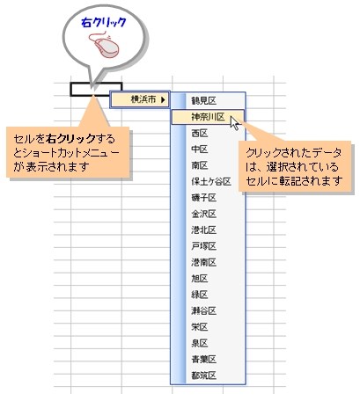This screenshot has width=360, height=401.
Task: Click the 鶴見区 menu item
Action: click(203, 101)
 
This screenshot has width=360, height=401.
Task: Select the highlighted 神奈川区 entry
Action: click(208, 117)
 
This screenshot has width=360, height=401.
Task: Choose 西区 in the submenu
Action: click(200, 133)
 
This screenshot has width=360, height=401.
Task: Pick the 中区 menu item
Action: click(200, 149)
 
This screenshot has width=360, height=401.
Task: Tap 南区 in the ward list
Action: click(200, 165)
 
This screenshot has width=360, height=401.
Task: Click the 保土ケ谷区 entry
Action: click(211, 181)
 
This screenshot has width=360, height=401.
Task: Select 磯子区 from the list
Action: click(203, 198)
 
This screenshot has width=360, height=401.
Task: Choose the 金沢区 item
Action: click(203, 214)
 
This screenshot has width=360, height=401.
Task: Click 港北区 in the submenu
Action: click(203, 230)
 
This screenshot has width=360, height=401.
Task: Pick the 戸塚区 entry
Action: click(203, 246)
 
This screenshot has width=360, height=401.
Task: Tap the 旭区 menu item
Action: click(200, 278)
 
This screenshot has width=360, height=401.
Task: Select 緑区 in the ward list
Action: click(200, 295)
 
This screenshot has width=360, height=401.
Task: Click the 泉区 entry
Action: click(200, 343)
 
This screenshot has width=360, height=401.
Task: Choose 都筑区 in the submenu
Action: click(203, 375)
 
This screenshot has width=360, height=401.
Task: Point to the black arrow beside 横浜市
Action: click(163, 99)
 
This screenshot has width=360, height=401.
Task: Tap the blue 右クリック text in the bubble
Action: click(104, 23)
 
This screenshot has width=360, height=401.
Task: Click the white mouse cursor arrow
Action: click(235, 123)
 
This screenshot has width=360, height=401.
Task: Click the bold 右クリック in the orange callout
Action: click(71, 139)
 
